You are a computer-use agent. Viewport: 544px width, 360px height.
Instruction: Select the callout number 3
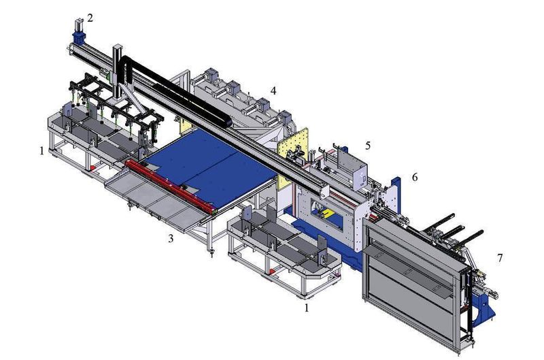(171, 238)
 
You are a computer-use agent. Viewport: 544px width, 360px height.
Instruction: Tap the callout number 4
(273, 90)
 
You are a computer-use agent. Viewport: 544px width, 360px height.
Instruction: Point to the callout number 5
(367, 145)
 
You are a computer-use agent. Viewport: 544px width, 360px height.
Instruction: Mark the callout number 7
(500, 258)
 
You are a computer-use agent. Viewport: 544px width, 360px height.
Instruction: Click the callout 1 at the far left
(41, 150)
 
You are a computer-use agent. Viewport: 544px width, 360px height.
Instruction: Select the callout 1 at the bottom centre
(307, 308)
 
